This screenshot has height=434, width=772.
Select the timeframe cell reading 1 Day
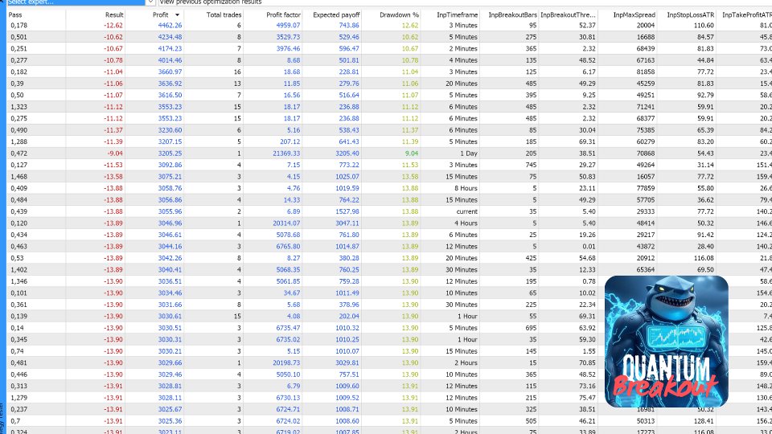tap(468, 153)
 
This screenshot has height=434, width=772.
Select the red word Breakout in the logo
tap(667, 389)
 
